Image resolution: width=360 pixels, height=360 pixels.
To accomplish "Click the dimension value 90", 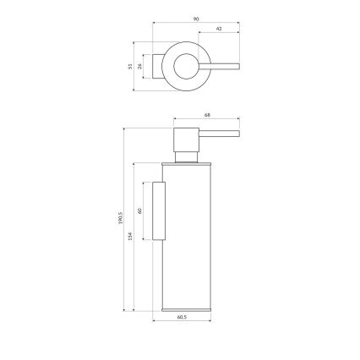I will point(194,16).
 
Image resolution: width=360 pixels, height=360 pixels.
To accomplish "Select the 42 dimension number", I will point(220,28).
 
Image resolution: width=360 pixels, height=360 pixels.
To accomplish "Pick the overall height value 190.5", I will point(121,221).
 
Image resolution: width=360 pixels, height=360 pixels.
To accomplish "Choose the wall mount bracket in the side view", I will point(159,210).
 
